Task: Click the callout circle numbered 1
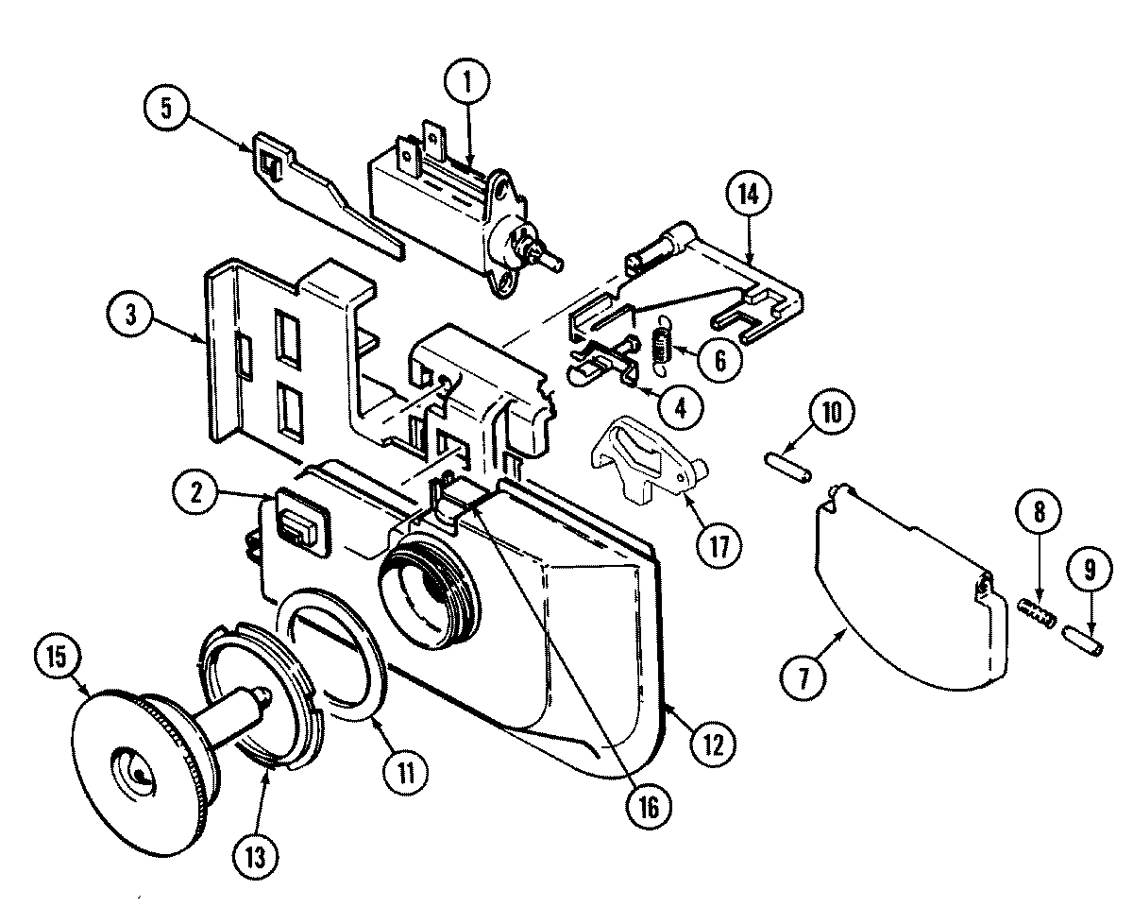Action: click(469, 83)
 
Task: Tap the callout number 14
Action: click(749, 196)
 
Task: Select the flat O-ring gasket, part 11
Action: click(336, 661)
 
